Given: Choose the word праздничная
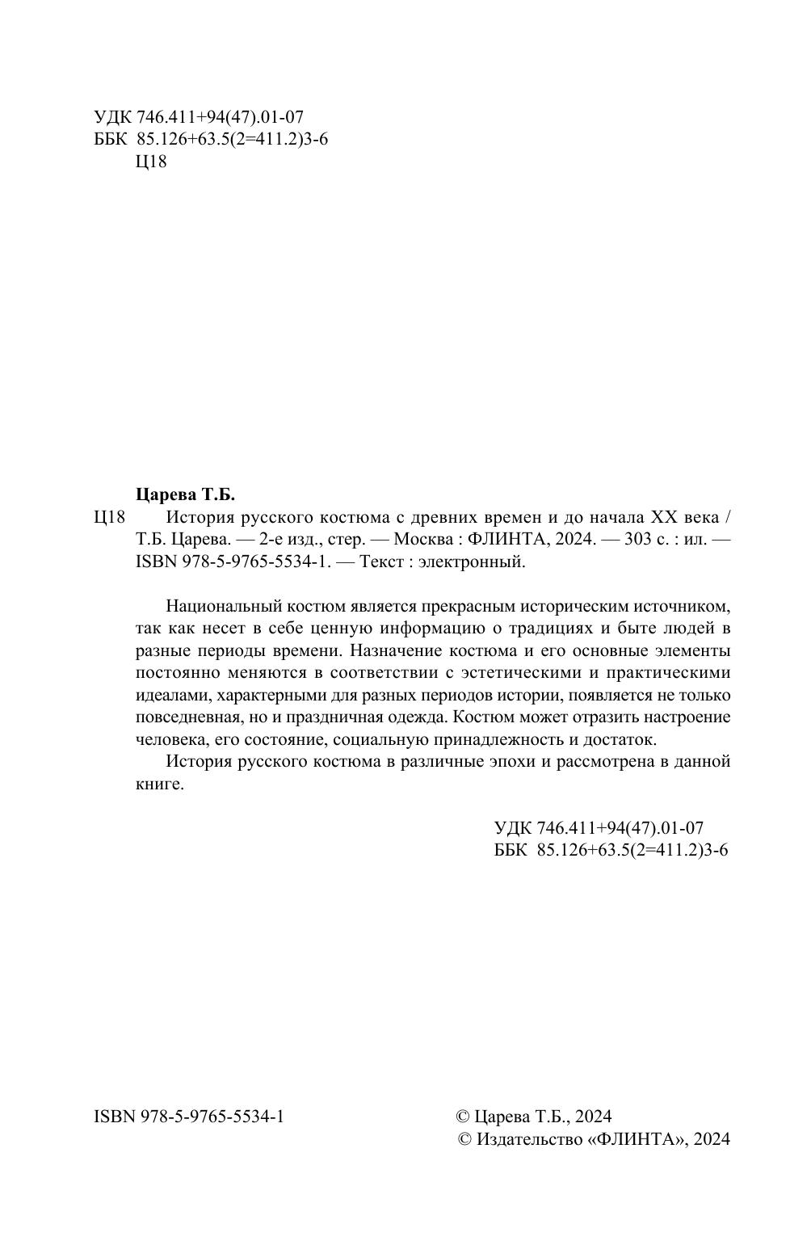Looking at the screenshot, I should [340, 717].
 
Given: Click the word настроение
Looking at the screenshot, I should [684, 717].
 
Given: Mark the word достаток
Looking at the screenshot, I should [624, 739].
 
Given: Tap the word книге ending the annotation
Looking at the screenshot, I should [159, 785].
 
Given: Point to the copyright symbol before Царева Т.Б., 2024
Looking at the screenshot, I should [463, 1117].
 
